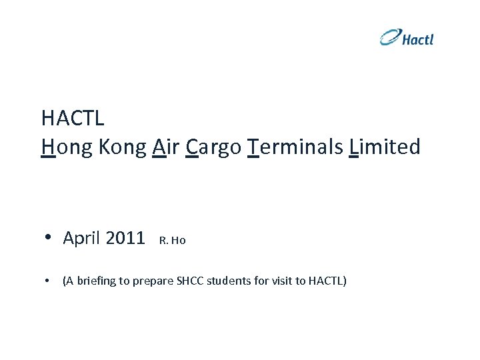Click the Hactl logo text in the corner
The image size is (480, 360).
[418, 39]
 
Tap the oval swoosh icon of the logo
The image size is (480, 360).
[391, 37]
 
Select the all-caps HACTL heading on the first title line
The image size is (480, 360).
[73, 119]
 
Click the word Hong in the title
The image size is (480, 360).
[67, 147]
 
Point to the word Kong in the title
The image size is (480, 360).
[123, 147]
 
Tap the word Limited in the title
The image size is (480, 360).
[385, 147]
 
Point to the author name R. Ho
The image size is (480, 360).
[173, 241]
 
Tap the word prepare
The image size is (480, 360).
[153, 281]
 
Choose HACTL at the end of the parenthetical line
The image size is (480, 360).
[326, 281]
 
